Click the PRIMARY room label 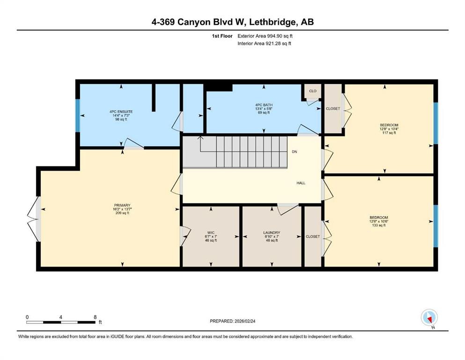(122, 205)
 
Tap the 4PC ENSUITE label (121, 112)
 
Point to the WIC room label (211, 232)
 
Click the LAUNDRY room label (272, 232)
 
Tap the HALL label (301, 183)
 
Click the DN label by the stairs (294, 152)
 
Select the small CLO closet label (312, 91)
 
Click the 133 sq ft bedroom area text (378, 225)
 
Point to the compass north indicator (429, 318)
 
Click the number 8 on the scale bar (95, 317)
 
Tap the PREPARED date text (239, 321)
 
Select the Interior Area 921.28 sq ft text (265, 44)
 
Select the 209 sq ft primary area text (122, 213)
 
